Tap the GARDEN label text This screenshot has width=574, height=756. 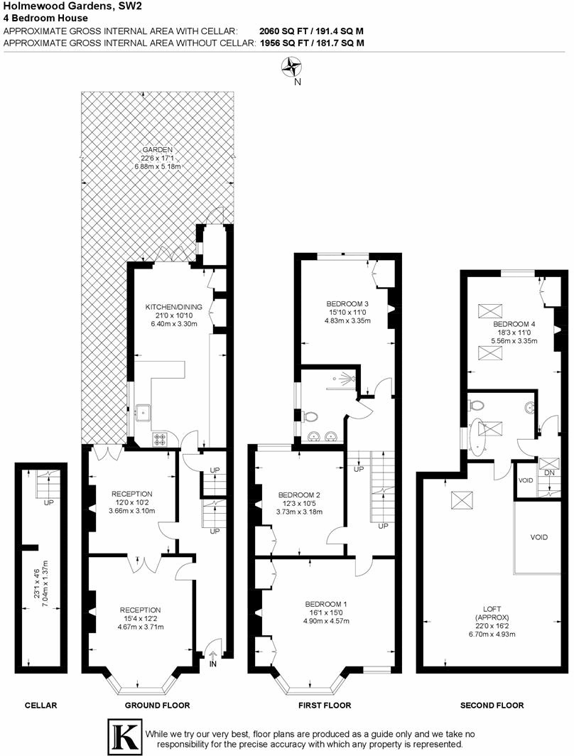point(158,150)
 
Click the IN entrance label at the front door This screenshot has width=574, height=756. point(213,664)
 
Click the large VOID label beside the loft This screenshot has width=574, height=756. point(539,537)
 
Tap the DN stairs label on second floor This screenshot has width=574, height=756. point(549,472)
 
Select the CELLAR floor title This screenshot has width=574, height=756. point(40,706)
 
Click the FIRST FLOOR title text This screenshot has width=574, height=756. point(323,706)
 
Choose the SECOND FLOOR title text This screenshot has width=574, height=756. point(492,706)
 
